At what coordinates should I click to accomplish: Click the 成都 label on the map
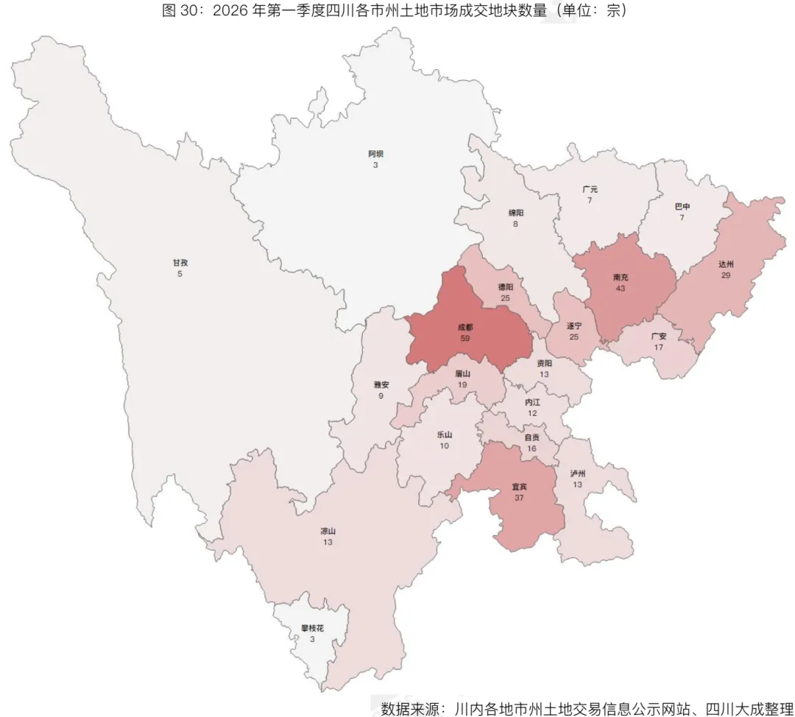coord(464,327)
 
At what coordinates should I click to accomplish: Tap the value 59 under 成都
coord(464,338)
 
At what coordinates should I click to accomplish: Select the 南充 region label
coord(621,278)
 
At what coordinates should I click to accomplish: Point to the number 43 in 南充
coord(621,289)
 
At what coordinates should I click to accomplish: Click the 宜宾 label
coord(520,487)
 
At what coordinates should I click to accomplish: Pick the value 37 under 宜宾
coord(520,498)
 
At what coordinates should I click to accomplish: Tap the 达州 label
coord(727,264)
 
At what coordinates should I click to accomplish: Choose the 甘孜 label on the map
coord(180,263)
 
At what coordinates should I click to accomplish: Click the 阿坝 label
coord(375,154)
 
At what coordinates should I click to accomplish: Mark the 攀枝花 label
coord(312,629)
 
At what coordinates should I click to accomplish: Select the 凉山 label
coord(328,531)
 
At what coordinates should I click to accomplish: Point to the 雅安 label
coord(381,384)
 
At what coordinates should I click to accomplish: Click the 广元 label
coord(590,189)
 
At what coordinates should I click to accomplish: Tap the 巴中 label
coord(682,207)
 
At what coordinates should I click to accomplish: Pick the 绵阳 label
coord(516,213)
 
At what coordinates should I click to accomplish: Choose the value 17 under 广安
coord(659,347)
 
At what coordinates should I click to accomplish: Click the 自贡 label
coord(531,437)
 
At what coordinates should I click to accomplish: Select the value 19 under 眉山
coord(462,384)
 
